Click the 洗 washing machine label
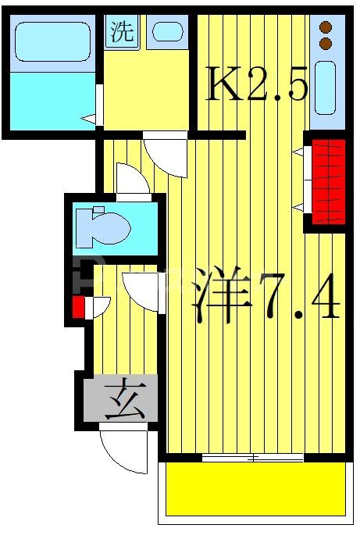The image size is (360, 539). pos(121,32)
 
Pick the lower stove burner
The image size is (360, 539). pos(326,46)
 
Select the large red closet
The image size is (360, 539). pos(327,180)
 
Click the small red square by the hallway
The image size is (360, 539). pos(78,307)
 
